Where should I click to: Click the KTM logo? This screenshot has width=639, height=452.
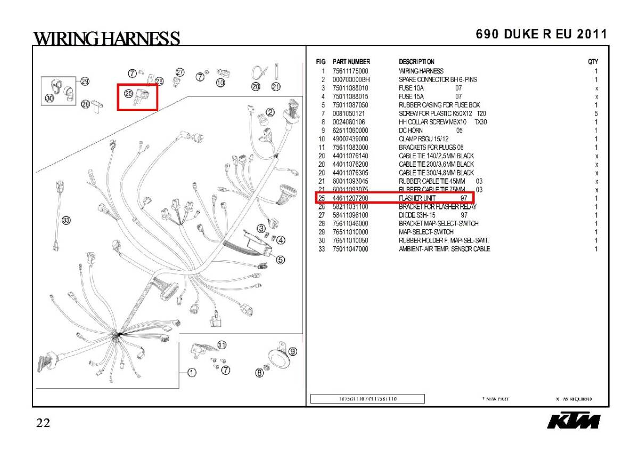[574, 421]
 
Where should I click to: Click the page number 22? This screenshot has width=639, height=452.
[43, 423]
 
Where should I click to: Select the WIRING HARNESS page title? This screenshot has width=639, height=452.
[106, 38]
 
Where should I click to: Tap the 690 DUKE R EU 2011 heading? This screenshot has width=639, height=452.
[541, 34]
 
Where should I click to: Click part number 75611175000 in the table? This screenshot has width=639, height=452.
[350, 71]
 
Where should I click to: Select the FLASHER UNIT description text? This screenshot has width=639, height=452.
[417, 198]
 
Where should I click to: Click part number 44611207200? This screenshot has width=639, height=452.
[350, 198]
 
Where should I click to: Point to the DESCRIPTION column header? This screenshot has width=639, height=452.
[416, 62]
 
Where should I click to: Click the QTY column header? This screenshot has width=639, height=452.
[593, 62]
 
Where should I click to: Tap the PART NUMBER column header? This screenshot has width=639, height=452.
[351, 62]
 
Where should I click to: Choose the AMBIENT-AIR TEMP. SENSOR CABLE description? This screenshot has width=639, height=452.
[444, 249]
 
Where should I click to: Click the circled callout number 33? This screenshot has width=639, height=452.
[66, 220]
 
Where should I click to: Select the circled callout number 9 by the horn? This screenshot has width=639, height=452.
[292, 351]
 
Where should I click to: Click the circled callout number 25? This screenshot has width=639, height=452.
[128, 93]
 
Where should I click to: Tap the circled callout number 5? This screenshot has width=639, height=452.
[281, 260]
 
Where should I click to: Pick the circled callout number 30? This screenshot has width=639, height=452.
[49, 98]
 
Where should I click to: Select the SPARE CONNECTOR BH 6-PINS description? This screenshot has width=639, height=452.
[438, 79]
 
